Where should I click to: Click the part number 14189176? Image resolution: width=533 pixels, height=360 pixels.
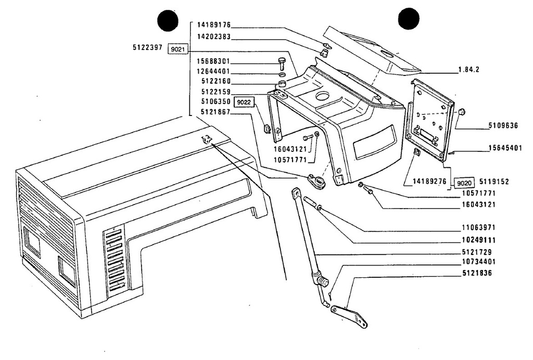[214, 25]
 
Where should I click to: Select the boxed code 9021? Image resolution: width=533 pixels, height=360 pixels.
[177, 49]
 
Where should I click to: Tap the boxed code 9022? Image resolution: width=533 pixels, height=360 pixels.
[244, 102]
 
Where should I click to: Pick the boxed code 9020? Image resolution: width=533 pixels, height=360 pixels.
[464, 184]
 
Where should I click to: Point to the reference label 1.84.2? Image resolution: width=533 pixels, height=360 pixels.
[469, 70]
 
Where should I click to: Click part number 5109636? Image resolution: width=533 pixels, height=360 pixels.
[503, 126]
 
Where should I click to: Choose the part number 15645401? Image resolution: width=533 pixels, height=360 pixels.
[505, 148]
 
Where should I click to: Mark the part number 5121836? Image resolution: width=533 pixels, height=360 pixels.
[477, 273]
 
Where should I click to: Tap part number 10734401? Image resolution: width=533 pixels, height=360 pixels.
[479, 262]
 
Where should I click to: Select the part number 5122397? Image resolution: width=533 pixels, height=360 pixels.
[147, 47]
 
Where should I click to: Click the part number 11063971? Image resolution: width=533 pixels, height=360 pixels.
[479, 227]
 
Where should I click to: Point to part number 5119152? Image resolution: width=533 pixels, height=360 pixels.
[494, 182]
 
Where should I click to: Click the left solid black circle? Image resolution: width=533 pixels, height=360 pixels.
[168, 20]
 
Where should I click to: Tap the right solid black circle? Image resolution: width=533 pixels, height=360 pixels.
[409, 18]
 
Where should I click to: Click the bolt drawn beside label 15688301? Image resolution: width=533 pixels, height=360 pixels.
[282, 63]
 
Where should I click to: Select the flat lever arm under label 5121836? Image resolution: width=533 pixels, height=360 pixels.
[349, 316]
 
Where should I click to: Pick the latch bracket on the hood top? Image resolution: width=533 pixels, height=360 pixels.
[206, 139]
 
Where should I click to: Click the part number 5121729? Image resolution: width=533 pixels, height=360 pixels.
[477, 252]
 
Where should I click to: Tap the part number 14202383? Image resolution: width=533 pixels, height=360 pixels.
[214, 37]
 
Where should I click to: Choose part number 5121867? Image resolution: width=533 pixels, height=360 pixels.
[215, 112]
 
